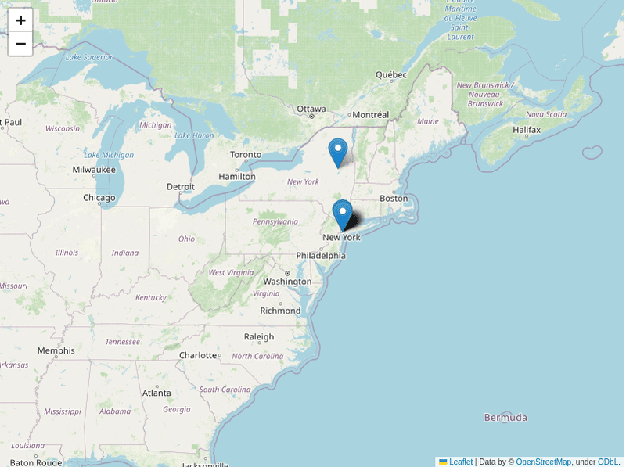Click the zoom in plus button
tap(20, 20)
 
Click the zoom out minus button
tap(20, 44)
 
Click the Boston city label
tap(394, 198)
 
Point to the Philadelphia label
tap(320, 256)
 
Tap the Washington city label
tap(287, 282)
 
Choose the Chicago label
tap(99, 198)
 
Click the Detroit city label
tap(181, 186)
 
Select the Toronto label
tap(246, 154)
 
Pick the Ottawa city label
tap(311, 109)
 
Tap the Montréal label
tap(370, 114)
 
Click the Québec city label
tap(391, 75)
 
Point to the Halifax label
tap(527, 129)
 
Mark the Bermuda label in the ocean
tap(505, 417)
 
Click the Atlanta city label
tap(156, 393)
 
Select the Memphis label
tap(56, 350)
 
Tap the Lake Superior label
tap(89, 57)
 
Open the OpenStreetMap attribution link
tap(543, 462)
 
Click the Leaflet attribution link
tap(461, 462)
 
